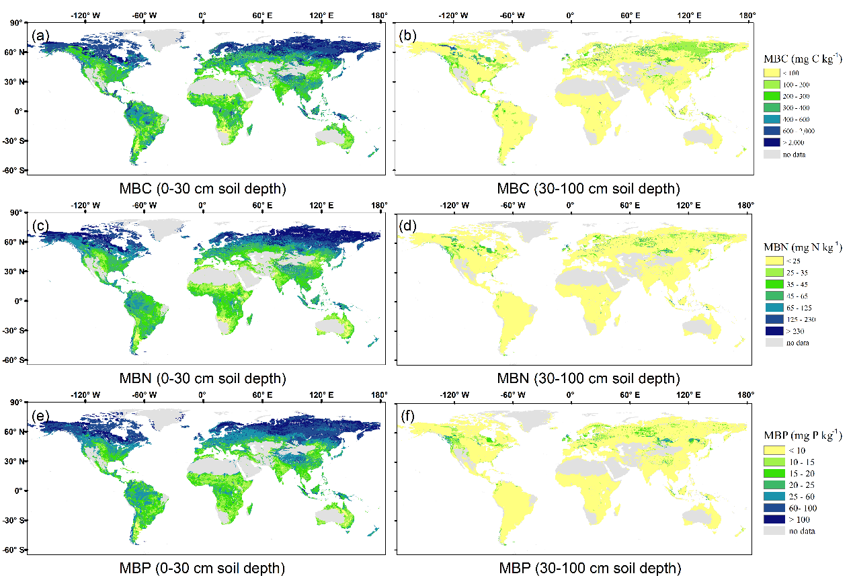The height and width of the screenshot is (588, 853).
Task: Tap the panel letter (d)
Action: coord(408,225)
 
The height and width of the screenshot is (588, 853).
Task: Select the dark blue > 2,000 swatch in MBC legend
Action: coord(772,142)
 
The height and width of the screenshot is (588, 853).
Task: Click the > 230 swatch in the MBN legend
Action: coord(772,331)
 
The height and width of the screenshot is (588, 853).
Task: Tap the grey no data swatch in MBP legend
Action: coord(772,531)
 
